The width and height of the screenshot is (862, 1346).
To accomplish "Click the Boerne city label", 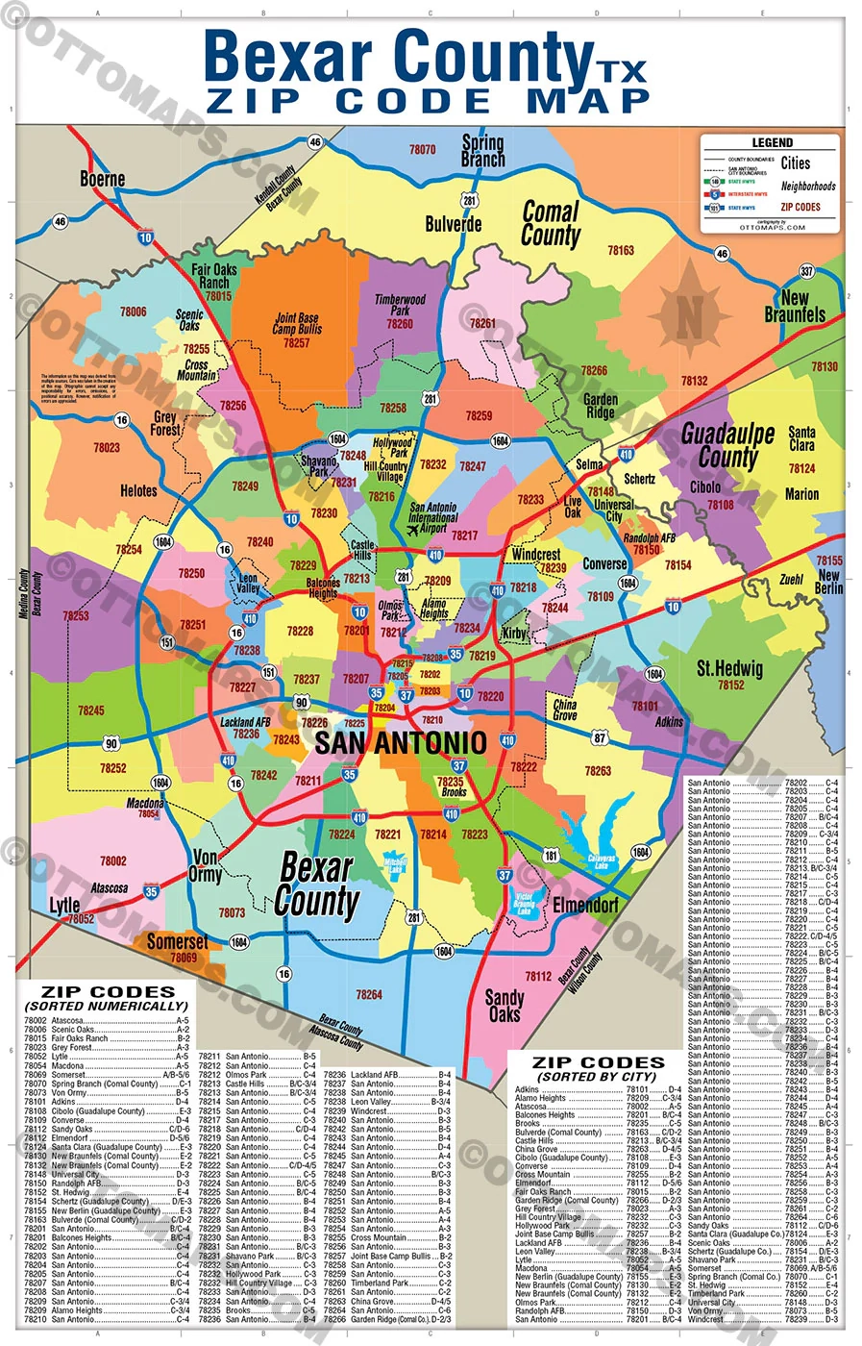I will coord(102,179).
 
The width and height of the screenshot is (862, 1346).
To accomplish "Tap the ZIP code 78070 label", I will coord(422,150).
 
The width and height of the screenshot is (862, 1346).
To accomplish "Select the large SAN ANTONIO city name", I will coord(401,743).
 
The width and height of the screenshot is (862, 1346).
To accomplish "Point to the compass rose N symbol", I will coord(690,312).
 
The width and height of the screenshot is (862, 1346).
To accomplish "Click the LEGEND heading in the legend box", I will coord(772,142).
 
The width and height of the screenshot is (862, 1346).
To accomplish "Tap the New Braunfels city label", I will coord(795,306).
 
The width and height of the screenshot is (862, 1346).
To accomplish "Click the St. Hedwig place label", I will coord(729,668).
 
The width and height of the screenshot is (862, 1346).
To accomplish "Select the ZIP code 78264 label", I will coord(369,994).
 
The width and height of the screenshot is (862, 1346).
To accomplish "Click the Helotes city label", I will coord(138,490).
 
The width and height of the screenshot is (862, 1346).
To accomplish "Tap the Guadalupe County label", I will coord(727,445).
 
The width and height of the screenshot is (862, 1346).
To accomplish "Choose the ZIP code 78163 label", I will coord(621,250).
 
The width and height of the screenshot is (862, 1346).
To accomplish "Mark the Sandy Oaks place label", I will coord(505,1005).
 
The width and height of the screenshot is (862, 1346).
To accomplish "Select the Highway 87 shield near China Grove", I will coord(600,738).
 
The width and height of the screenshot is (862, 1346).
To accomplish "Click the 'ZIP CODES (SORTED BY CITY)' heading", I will coord(599,1069).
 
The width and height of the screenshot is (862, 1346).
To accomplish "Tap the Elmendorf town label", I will coord(585,905).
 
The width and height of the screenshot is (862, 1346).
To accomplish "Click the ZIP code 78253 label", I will coord(76,615).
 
